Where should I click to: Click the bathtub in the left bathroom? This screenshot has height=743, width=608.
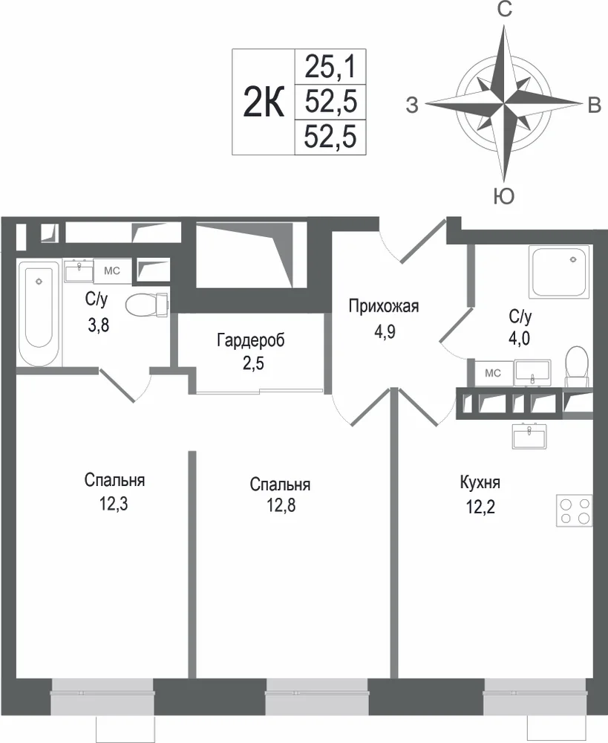click(x=39, y=313)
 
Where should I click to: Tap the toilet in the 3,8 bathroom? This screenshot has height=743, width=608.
click(x=147, y=304)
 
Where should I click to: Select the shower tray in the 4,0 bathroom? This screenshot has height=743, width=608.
click(x=561, y=271)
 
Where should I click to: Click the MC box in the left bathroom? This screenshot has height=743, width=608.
click(x=112, y=271)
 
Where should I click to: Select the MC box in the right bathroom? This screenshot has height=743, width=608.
click(x=493, y=374)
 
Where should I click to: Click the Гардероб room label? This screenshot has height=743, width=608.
click(x=251, y=340)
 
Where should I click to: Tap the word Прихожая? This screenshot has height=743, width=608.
click(x=384, y=306)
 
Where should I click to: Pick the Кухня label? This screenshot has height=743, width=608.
click(x=480, y=483)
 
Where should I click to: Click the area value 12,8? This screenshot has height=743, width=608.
click(x=281, y=505)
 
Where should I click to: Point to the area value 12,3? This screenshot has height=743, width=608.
click(x=114, y=504)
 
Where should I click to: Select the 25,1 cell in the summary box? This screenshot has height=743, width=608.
click(x=330, y=66)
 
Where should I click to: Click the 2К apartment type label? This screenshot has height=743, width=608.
click(x=264, y=102)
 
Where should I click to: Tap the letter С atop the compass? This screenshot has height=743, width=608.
click(x=505, y=9)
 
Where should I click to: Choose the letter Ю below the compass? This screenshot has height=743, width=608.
click(x=504, y=196)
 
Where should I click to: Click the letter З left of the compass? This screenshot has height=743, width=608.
click(x=413, y=106)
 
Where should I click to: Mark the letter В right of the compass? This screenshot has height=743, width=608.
click(x=595, y=106)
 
